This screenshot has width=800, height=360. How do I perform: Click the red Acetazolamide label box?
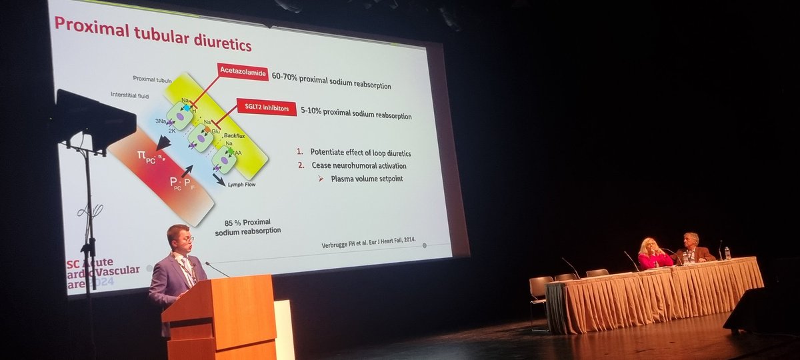(242, 71)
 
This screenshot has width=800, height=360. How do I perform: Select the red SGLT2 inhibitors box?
(267, 107)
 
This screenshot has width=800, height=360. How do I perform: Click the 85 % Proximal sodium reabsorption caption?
(247, 226)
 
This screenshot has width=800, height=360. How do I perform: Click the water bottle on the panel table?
(727, 253)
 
